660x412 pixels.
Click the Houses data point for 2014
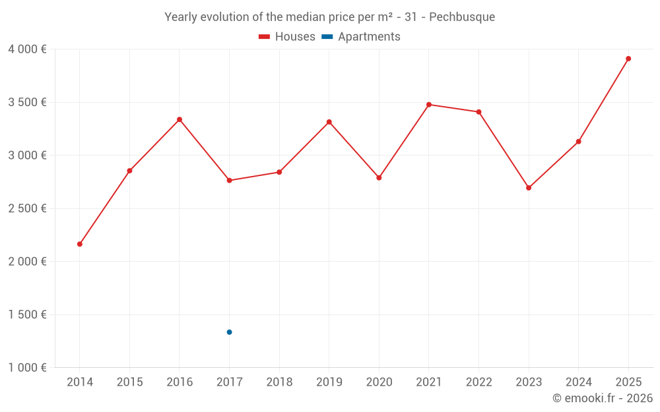(x=80, y=244)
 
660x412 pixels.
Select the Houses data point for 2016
(x=180, y=119)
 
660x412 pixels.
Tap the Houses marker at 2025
(x=628, y=59)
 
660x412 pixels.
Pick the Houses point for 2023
(x=529, y=188)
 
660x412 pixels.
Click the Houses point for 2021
(x=429, y=104)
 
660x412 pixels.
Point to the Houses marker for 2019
(x=329, y=122)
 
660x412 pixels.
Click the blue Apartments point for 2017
(x=229, y=332)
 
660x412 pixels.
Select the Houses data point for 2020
(x=379, y=178)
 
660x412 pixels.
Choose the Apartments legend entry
(x=369, y=37)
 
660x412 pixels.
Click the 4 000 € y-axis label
(x=27, y=49)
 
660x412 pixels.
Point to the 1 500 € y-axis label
(x=27, y=314)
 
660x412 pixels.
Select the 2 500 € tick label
(x=27, y=208)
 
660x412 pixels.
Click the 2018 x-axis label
(x=279, y=382)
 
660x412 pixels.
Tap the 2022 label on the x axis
(x=478, y=382)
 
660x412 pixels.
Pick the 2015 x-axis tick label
(x=129, y=382)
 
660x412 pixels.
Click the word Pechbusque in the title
(x=462, y=17)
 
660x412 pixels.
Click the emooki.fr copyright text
(x=603, y=398)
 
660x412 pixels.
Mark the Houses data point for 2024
(x=578, y=142)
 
